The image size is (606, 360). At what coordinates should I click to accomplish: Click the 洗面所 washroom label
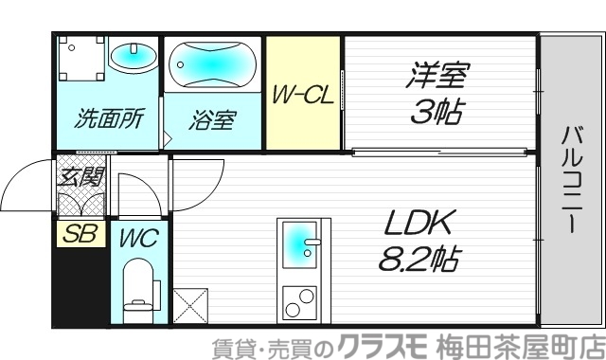coord(109,120)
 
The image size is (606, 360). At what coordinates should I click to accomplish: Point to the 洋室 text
coord(439,74)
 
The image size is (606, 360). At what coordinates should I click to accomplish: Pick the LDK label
coord(420,224)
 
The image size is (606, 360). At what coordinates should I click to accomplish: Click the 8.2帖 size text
coord(419,259)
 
